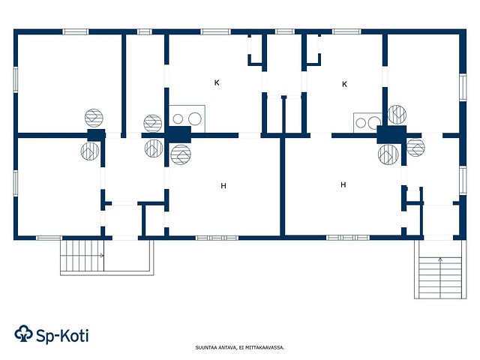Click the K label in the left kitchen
point(217,82)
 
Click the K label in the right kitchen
point(344,84)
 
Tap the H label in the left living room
point(223,186)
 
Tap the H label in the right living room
point(343,184)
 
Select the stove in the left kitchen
point(187,118)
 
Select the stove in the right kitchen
point(367,123)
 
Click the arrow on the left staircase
point(101,255)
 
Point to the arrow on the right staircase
point(440,259)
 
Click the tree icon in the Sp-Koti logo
point(23,334)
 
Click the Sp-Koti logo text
point(62,336)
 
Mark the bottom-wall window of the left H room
point(217,238)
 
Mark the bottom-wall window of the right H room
point(348,238)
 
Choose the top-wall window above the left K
point(215,31)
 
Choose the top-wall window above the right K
point(346,31)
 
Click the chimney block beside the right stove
point(391,134)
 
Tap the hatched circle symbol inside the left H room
point(181,154)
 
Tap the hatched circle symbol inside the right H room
point(388,154)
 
